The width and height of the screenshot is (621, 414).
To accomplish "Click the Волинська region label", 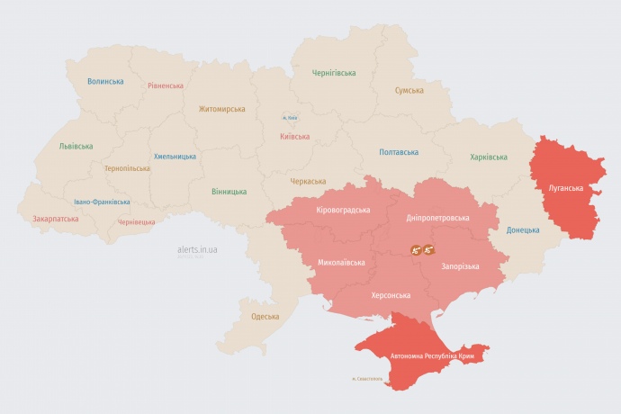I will pos(105,81).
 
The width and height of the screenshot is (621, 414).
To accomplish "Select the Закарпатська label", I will pos(55,218).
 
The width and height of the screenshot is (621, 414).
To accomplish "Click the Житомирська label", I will pos(221,109).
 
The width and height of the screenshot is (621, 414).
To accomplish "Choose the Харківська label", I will pos(488,157).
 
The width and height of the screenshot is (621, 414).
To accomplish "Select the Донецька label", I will pos(522,229).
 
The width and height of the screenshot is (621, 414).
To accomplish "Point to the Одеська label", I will pos(265,316).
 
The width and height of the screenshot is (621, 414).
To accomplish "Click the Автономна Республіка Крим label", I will pos(431,356).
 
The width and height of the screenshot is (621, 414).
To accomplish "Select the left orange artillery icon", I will pos(417,250).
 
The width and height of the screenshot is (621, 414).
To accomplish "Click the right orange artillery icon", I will pos(429,250).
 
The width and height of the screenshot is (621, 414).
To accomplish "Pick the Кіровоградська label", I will pos(343,210).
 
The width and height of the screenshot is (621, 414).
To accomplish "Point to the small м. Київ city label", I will pos(290,117).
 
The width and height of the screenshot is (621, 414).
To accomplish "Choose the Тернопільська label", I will pos(128,168).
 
